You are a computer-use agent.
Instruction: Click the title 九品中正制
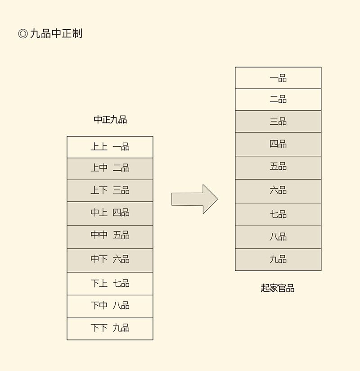coord(56,34)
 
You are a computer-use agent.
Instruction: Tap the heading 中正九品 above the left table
coord(110,120)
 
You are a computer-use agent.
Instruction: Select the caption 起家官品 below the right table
coord(278,288)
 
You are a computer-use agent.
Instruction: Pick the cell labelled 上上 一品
coord(110,147)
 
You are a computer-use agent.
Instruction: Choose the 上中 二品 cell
coord(110,168)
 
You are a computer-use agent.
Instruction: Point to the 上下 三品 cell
coord(110,190)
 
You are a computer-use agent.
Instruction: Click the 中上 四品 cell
coord(110,213)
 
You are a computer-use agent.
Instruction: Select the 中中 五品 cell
coord(110,236)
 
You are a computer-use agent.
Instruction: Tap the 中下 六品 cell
coord(110,260)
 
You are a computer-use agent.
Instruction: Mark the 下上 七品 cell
coord(110,284)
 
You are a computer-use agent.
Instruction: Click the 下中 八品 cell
coord(110,306)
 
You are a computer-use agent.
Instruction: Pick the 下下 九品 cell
coord(110,329)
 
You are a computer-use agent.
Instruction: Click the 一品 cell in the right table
coord(278,78)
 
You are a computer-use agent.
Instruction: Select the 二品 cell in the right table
coord(278,100)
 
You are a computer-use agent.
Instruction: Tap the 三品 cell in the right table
coord(278,122)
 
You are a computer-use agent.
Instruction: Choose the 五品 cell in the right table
coord(278,167)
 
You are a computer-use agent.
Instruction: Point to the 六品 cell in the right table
coord(278,191)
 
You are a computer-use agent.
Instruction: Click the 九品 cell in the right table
coord(278,260)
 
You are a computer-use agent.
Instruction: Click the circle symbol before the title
coord(23,34)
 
